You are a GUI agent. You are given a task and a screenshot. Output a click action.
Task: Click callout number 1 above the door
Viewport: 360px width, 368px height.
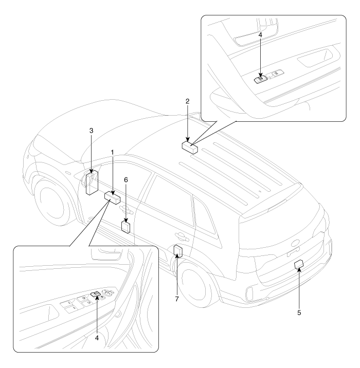click(112, 153)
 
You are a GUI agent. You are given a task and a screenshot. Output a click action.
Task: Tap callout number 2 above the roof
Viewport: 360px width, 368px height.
click(187, 101)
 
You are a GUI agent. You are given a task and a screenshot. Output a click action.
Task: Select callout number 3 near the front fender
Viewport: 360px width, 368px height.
click(92, 131)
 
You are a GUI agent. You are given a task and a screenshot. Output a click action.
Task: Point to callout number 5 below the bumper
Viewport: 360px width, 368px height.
click(299, 312)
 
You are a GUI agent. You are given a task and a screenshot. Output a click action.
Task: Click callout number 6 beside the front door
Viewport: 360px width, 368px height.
click(126, 180)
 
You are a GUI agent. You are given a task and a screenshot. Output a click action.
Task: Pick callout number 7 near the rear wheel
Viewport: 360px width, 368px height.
click(177, 299)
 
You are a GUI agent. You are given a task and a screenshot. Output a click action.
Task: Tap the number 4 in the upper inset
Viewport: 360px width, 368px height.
click(260, 35)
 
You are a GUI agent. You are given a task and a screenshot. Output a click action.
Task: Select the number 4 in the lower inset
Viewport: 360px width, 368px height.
click(97, 338)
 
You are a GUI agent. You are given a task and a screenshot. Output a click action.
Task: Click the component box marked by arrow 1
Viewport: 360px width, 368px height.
click(112, 198)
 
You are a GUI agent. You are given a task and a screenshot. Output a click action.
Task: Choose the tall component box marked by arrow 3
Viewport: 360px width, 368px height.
click(92, 182)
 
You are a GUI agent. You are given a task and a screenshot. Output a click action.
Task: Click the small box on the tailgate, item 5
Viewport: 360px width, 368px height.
click(299, 264)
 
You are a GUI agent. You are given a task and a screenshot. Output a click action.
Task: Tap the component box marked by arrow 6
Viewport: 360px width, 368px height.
click(125, 227)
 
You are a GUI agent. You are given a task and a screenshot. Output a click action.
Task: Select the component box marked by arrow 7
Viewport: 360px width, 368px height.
click(178, 251)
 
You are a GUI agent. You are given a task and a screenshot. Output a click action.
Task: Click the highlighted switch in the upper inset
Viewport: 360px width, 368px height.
click(260, 80)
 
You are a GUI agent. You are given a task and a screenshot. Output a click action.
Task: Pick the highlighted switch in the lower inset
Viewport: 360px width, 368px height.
click(96, 294)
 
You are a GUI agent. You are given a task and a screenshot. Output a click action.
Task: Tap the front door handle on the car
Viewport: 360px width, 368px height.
click(126, 210)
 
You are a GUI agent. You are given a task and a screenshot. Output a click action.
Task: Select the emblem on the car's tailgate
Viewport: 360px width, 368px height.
click(296, 244)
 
